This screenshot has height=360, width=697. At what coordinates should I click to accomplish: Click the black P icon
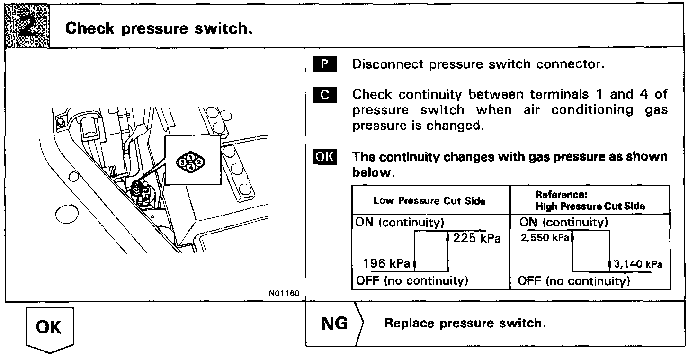324,64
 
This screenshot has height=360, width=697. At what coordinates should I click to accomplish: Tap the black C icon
324,95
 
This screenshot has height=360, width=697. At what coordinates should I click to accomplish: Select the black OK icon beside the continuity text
324,157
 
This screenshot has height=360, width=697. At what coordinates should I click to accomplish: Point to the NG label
334,324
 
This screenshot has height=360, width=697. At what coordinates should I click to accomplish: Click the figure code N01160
284,294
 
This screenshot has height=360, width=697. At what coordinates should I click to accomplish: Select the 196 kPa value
386,263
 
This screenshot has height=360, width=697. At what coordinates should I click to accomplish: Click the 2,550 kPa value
544,238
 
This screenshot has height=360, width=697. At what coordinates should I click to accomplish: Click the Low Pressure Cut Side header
429,201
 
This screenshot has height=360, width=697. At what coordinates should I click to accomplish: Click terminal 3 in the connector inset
183,162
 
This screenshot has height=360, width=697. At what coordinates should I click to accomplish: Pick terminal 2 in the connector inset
199,162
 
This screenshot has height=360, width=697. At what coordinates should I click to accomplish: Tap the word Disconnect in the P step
388,64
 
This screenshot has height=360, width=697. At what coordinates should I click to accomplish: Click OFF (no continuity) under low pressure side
411,281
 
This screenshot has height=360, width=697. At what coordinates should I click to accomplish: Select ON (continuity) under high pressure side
563,222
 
